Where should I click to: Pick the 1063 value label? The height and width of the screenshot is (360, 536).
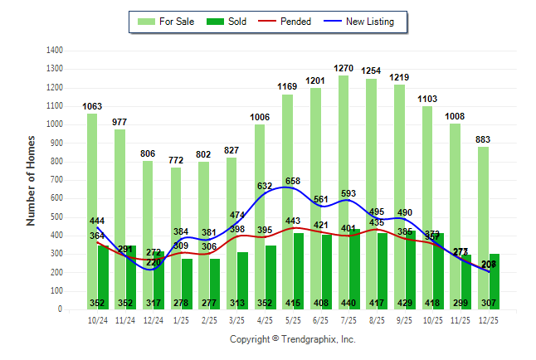[x=92, y=106]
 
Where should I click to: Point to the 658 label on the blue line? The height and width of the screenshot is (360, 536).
[x=292, y=181]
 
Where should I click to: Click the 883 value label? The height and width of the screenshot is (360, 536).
[x=484, y=139]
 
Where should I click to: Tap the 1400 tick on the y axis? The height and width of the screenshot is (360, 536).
[x=54, y=51]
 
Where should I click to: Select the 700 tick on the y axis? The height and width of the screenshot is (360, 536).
[x=56, y=180]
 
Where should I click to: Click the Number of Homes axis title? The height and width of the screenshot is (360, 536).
[x=32, y=180]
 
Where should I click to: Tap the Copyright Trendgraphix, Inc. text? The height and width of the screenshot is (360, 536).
[x=292, y=339]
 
